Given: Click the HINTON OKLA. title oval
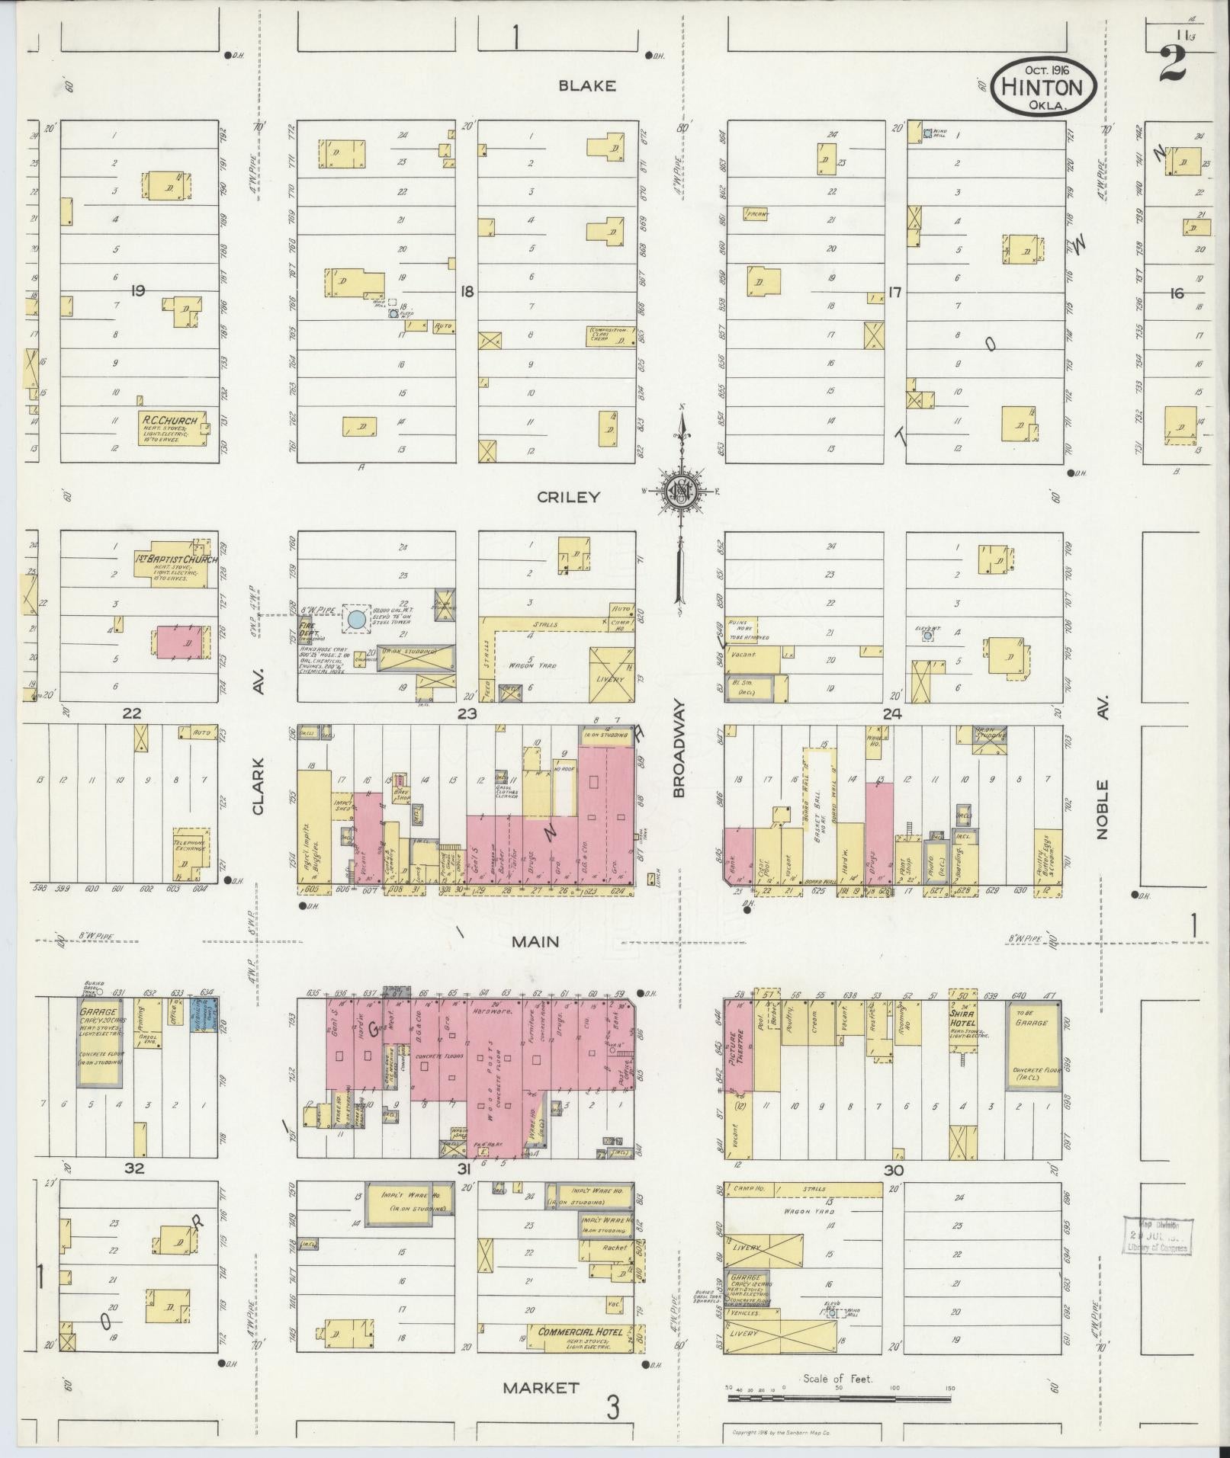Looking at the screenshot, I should (1043, 86).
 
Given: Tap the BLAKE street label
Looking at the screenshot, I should (586, 86).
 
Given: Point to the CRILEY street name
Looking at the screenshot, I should (568, 497).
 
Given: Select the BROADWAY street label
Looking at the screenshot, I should (679, 750).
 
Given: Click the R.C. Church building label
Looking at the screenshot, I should (169, 421).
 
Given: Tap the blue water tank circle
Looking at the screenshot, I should (355, 620).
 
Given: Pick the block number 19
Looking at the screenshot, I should (138, 290).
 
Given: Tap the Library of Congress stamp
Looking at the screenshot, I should (1158, 1235).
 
